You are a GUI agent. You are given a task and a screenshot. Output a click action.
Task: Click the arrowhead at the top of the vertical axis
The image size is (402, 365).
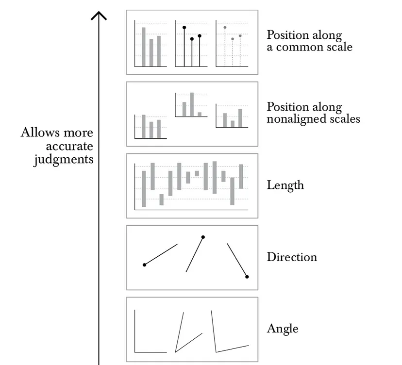[x=99, y=15]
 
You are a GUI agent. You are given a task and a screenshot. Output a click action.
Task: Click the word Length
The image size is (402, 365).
[x=285, y=185]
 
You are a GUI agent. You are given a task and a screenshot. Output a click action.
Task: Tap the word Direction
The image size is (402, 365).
[x=291, y=257]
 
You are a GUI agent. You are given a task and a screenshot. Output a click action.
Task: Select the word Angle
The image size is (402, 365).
[x=282, y=329]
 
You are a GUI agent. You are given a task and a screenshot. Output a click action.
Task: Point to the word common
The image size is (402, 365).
[x=301, y=47]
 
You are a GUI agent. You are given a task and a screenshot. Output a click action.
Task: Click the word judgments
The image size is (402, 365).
[x=63, y=159]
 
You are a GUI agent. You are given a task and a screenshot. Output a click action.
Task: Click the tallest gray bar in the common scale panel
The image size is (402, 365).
[x=143, y=47]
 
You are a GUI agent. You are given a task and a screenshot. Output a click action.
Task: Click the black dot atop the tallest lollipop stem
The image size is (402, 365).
[x=184, y=28]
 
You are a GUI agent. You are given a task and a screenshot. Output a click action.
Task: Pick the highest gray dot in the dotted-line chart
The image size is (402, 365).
[x=224, y=28]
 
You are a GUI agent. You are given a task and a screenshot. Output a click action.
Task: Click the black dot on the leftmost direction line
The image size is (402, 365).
[x=144, y=265]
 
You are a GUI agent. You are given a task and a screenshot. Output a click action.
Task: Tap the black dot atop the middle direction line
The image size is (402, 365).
[x=203, y=237]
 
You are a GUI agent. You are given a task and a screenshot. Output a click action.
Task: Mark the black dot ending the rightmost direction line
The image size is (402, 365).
[x=247, y=277]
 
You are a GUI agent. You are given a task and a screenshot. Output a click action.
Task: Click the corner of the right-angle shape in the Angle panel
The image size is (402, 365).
[x=134, y=352]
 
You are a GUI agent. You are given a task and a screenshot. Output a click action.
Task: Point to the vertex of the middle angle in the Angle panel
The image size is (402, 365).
[x=176, y=351]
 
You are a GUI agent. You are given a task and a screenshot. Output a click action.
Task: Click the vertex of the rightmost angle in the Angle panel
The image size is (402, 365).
[x=216, y=351]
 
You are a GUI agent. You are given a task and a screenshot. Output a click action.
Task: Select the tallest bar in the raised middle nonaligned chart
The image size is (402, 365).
[x=192, y=104]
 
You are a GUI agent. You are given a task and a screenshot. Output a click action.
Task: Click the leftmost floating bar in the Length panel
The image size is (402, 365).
[x=144, y=188]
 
